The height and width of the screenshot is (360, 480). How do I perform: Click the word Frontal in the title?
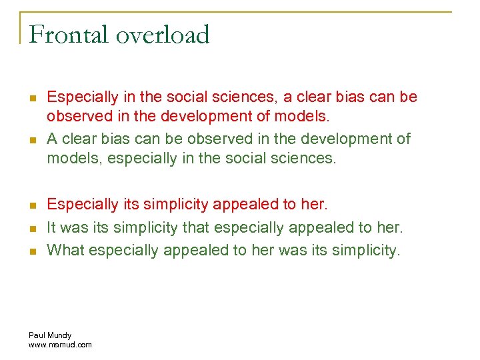(69, 35)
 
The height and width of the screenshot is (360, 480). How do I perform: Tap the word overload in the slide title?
(163, 35)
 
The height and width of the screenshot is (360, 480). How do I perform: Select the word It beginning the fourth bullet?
(52, 227)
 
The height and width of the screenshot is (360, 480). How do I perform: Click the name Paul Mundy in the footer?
(50, 335)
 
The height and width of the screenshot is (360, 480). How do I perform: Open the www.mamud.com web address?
(60, 345)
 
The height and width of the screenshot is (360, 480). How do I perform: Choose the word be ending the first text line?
(408, 97)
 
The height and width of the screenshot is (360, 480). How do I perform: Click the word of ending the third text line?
(403, 139)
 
